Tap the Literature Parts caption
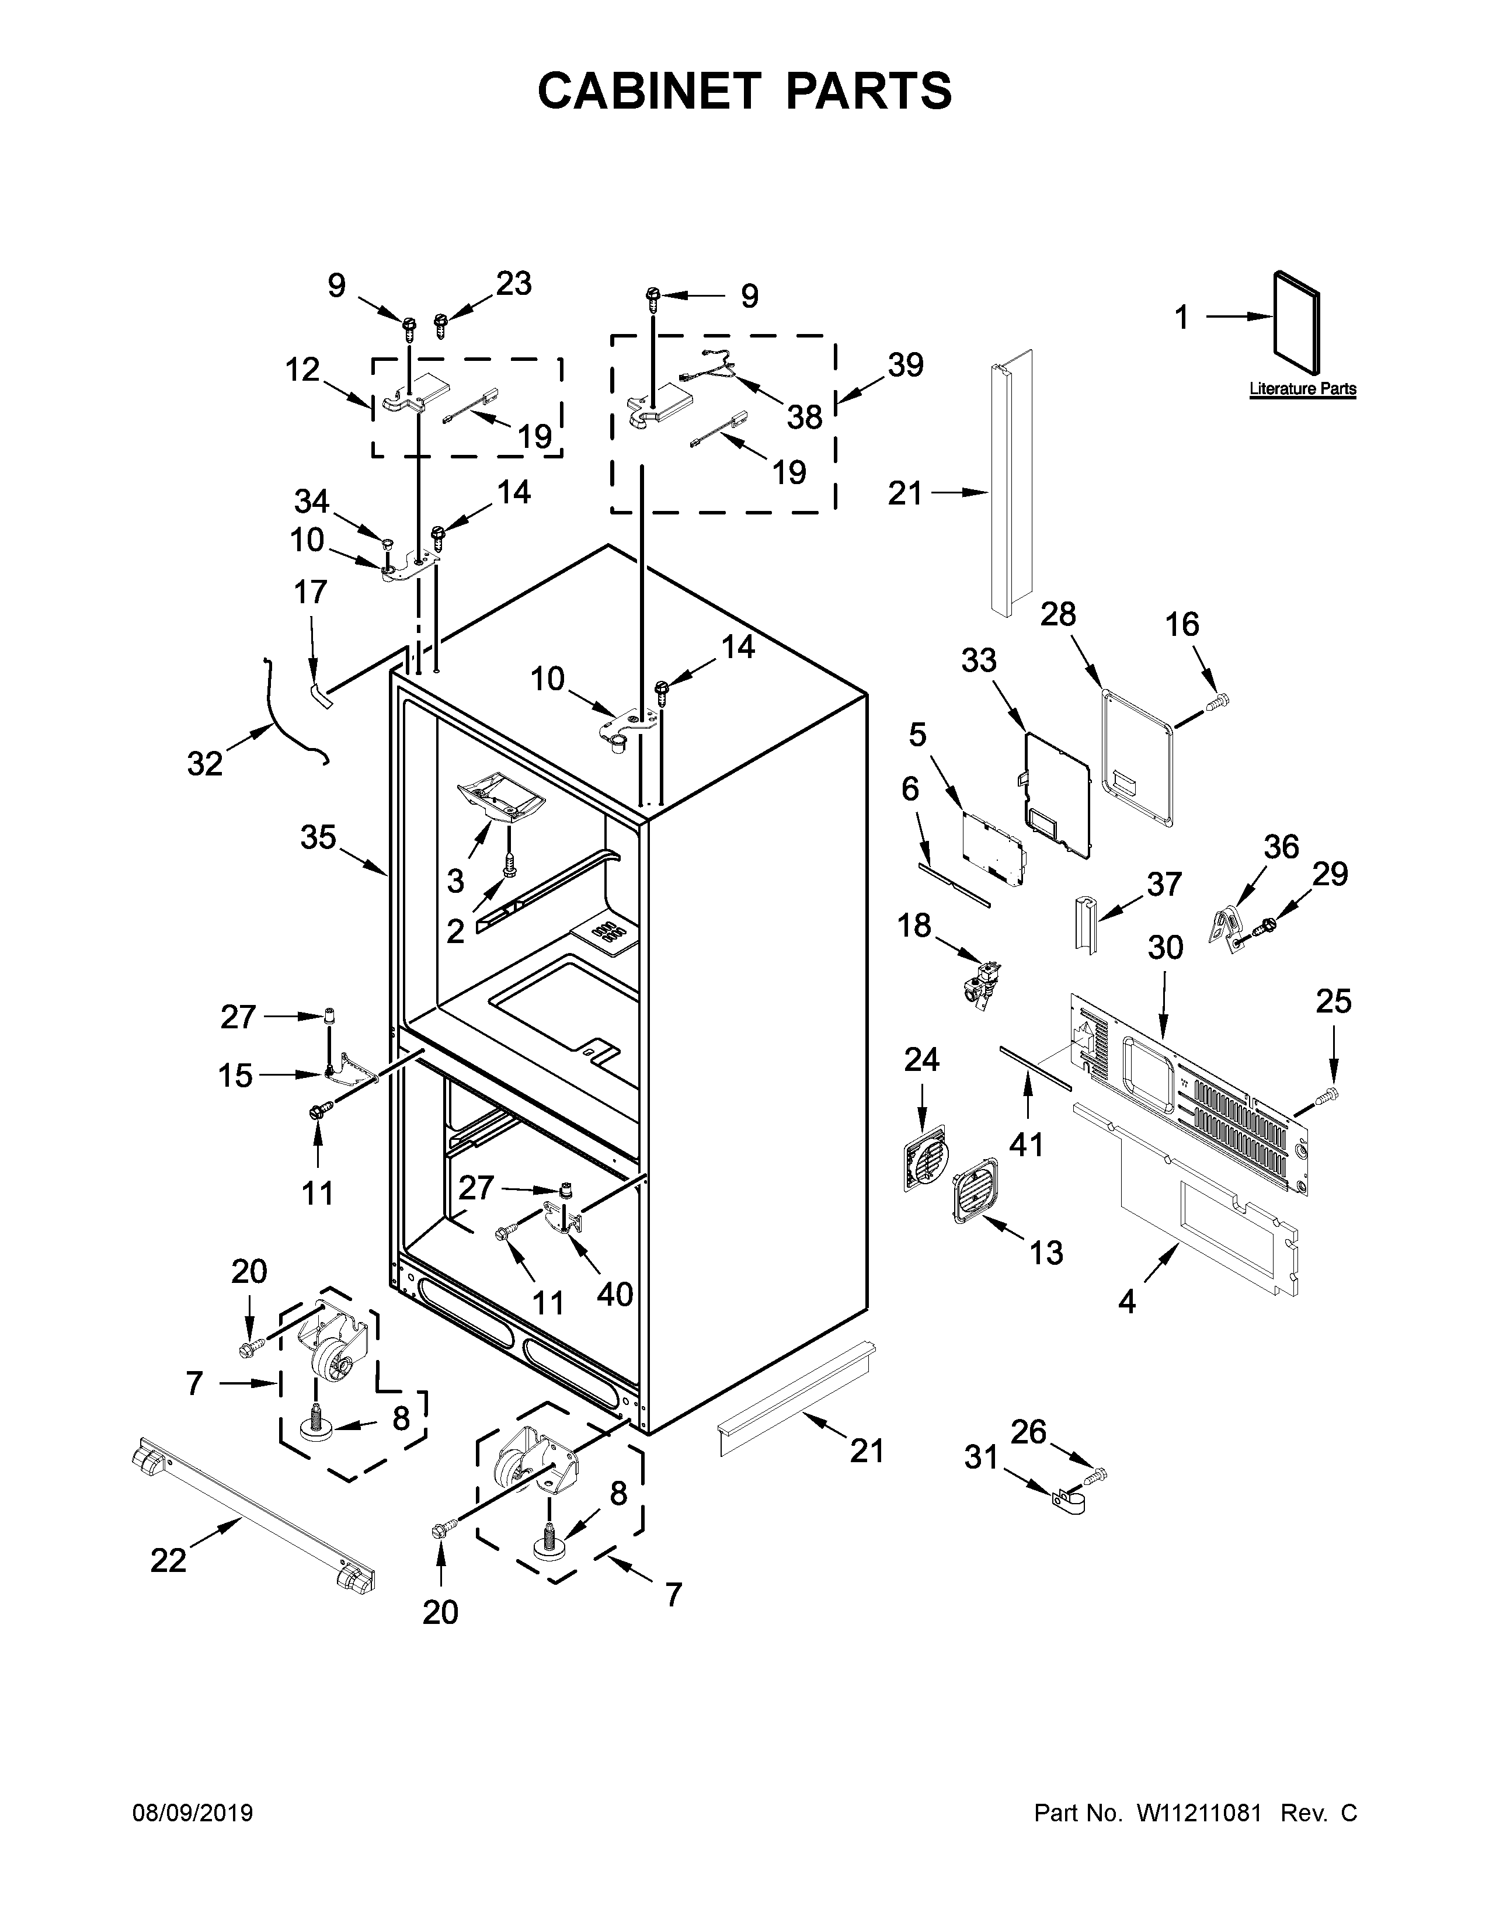pos(1302,389)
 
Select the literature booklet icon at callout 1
pos(1297,322)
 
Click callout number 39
pos(905,364)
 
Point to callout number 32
pos(204,763)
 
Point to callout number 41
pos(1026,1145)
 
